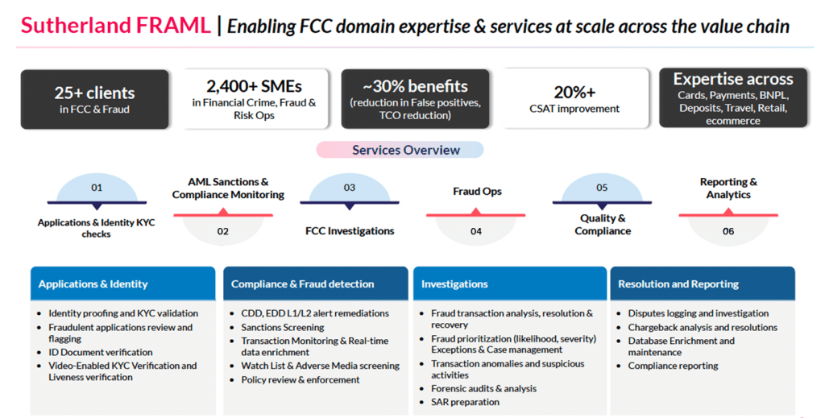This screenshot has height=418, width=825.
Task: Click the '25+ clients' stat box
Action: [x=94, y=99]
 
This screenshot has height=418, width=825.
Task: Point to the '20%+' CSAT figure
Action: [x=574, y=93]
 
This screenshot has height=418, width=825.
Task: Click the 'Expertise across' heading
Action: [x=733, y=80]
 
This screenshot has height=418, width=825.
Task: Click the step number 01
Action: [x=97, y=188]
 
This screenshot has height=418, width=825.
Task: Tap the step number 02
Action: [x=223, y=231]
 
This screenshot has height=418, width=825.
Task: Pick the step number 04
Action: [x=476, y=231]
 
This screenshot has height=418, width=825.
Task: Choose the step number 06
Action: [x=728, y=231]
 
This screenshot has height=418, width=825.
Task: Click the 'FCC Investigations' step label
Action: [x=350, y=231]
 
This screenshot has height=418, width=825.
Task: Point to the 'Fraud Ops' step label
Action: [x=476, y=192]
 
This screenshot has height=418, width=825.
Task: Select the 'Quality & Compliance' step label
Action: [x=603, y=225]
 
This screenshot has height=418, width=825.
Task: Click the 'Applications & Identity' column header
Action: [x=93, y=284]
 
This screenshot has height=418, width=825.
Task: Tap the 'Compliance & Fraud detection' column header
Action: [x=303, y=284]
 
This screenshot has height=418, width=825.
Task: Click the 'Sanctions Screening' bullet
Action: [x=283, y=328]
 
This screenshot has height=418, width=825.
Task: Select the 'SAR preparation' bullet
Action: [x=465, y=402]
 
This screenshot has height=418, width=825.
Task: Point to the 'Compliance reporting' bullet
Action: [x=674, y=366]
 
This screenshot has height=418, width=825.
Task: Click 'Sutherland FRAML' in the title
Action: [x=115, y=26]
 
